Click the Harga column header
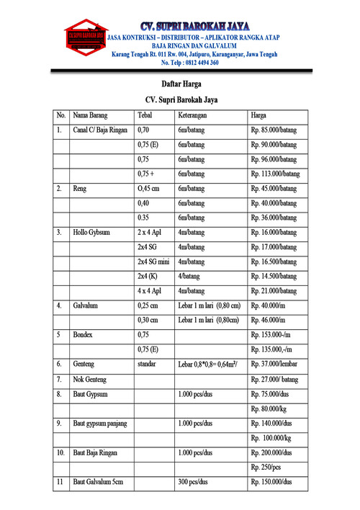tap(258, 115)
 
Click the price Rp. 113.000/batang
tap(275, 174)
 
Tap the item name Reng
tap(80, 189)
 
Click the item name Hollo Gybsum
tap(91, 233)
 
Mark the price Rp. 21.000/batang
tap(274, 291)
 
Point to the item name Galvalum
tap(86, 306)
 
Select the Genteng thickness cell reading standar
tap(147, 364)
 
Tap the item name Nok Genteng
tap(91, 379)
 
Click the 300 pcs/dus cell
tap(193, 481)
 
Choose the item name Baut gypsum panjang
tap(100, 423)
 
